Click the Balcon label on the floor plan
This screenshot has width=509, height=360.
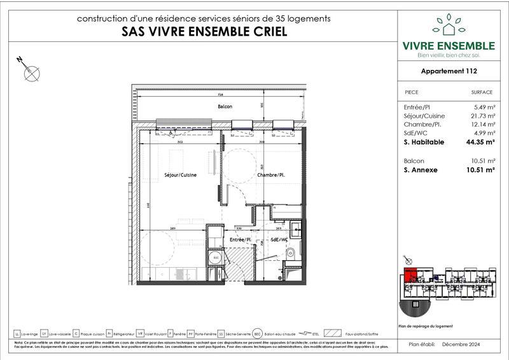pos(225,106)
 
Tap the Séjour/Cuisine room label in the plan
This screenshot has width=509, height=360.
pos(179,174)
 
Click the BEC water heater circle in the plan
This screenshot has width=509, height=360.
pos(215,259)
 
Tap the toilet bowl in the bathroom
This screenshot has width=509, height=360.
pos(291,255)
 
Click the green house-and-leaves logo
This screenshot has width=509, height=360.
pos(449,25)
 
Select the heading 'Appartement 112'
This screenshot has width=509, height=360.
pos(449,72)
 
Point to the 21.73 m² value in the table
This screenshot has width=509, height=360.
pos(480,116)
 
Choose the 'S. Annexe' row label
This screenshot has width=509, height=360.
pos(421,170)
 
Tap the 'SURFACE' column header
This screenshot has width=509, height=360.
pos(481,92)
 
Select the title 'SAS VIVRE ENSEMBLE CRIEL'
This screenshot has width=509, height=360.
pos(203,32)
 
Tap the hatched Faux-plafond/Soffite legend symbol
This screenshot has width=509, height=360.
pos(333,333)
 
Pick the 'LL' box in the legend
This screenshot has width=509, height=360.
pos(17,333)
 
